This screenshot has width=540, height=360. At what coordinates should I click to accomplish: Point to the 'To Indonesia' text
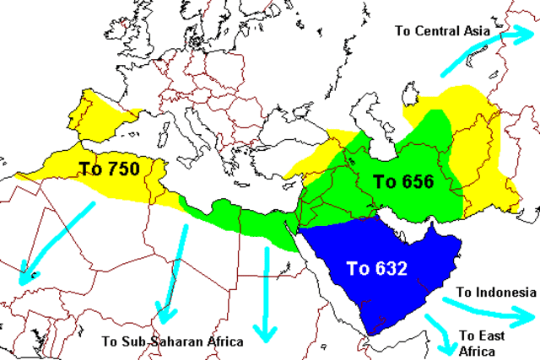click(496, 292)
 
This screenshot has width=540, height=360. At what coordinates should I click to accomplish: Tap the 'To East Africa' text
click(482, 341)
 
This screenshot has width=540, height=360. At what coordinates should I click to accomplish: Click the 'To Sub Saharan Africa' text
click(172, 341)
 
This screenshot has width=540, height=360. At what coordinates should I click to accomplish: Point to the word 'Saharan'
click(179, 341)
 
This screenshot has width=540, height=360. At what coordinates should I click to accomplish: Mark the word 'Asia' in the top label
click(473, 31)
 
